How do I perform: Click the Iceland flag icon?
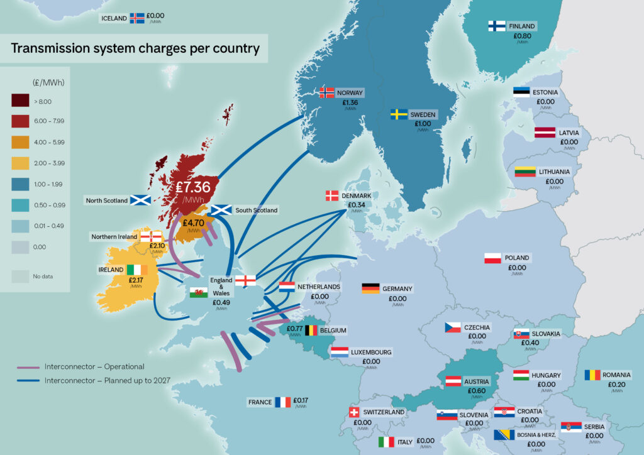point(136,18)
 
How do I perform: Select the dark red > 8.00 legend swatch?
point(21,101)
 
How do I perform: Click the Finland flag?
point(497,26)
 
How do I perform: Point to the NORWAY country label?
point(350,92)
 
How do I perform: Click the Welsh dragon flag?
point(199,292)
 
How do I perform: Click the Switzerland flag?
point(354,412)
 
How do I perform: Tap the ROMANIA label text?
point(616,375)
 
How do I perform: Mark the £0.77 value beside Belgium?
point(295,328)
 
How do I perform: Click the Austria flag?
point(454,381)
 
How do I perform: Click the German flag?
point(370,288)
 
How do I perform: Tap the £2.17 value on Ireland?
point(136,280)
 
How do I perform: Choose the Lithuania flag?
point(525,172)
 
